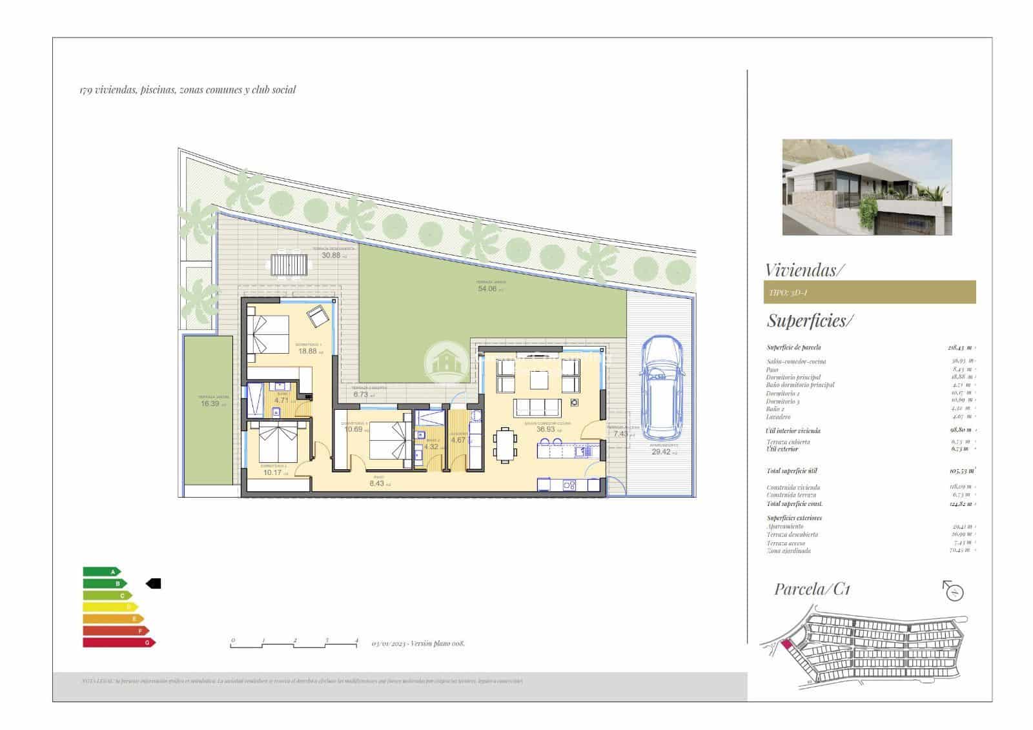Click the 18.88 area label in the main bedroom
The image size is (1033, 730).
[x=307, y=351]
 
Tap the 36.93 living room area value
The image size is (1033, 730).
[x=546, y=429]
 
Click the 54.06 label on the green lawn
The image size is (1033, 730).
[x=487, y=289]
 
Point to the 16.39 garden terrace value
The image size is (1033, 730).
[x=209, y=403]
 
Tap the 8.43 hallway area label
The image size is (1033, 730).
[x=376, y=483]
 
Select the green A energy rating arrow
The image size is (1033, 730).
[x=102, y=571]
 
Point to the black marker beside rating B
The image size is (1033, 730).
[x=154, y=583]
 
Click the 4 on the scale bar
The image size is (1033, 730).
[x=356, y=640]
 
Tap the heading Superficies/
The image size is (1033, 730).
[x=810, y=320]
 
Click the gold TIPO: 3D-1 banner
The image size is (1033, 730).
[x=869, y=292]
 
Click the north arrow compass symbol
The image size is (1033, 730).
[x=953, y=591]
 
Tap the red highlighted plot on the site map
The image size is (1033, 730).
[x=786, y=644]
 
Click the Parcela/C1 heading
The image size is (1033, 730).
[x=812, y=589]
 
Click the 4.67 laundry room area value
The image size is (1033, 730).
[x=458, y=440]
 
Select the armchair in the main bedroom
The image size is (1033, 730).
[x=318, y=316]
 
